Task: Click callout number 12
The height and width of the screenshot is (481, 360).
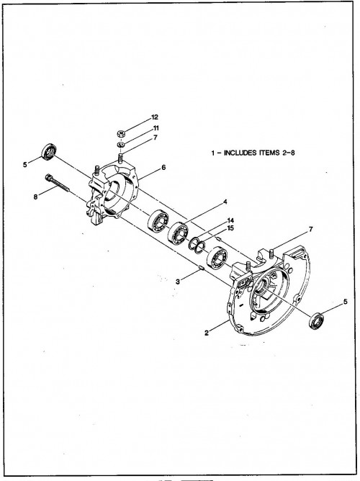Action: (x=155, y=117)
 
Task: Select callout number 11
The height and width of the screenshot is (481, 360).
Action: (x=156, y=127)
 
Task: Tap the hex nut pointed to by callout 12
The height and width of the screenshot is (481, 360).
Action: (x=122, y=134)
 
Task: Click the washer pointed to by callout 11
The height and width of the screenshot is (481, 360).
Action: (x=121, y=144)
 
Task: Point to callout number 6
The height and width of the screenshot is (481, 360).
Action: (x=163, y=167)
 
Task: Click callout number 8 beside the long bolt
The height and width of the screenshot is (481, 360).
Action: (x=36, y=197)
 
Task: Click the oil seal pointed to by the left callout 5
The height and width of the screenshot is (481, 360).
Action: (x=49, y=151)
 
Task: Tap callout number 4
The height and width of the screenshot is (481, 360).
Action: (x=225, y=202)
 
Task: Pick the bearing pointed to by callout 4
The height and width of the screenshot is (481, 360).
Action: (x=178, y=233)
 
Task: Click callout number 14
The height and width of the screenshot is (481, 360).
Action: (x=230, y=220)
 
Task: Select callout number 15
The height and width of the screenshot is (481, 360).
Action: (x=230, y=228)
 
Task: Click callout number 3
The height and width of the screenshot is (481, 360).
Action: (x=178, y=282)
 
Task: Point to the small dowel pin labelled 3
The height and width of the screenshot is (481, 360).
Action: (x=202, y=269)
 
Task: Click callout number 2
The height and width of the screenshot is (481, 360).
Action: (x=207, y=333)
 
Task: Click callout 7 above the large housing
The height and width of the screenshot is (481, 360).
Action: (x=311, y=229)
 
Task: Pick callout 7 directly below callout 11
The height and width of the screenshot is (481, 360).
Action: (x=156, y=138)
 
